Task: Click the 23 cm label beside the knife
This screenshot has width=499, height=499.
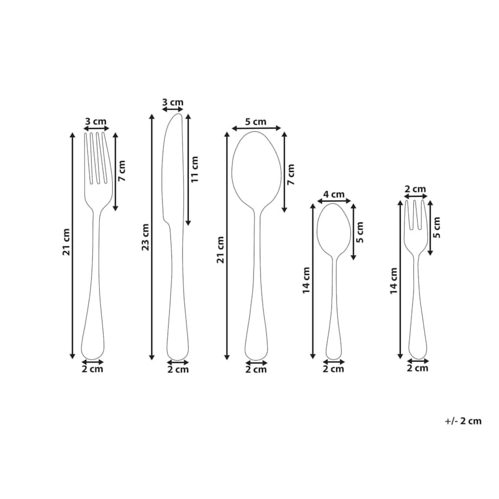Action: (x=145, y=237)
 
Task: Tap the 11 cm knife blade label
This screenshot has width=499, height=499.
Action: (x=194, y=169)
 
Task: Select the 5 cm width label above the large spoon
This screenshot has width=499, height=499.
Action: (x=255, y=121)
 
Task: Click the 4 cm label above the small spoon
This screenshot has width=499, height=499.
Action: (x=334, y=194)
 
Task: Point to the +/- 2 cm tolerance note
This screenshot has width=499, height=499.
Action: (x=463, y=421)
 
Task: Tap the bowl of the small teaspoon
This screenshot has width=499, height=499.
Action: (x=334, y=227)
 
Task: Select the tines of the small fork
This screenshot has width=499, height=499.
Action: (x=415, y=214)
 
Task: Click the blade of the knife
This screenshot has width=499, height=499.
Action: (x=174, y=167)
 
